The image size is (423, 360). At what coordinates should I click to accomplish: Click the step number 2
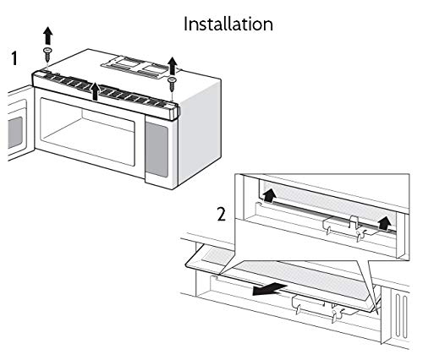pos(221,215)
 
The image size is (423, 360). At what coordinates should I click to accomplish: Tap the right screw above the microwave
pos(172,82)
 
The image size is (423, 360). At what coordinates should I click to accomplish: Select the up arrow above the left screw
pos(48,35)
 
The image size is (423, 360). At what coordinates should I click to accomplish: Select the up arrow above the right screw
pos(172,65)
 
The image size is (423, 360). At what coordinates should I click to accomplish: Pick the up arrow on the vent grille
pos(96,91)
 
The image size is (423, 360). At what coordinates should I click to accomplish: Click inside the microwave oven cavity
pos(85,135)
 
